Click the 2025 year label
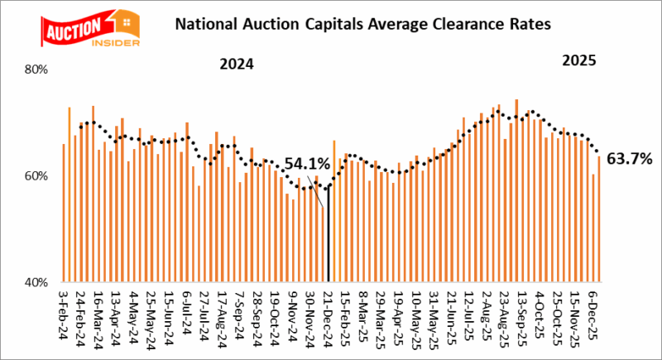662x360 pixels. (x=579, y=61)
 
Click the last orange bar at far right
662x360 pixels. (x=598, y=219)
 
